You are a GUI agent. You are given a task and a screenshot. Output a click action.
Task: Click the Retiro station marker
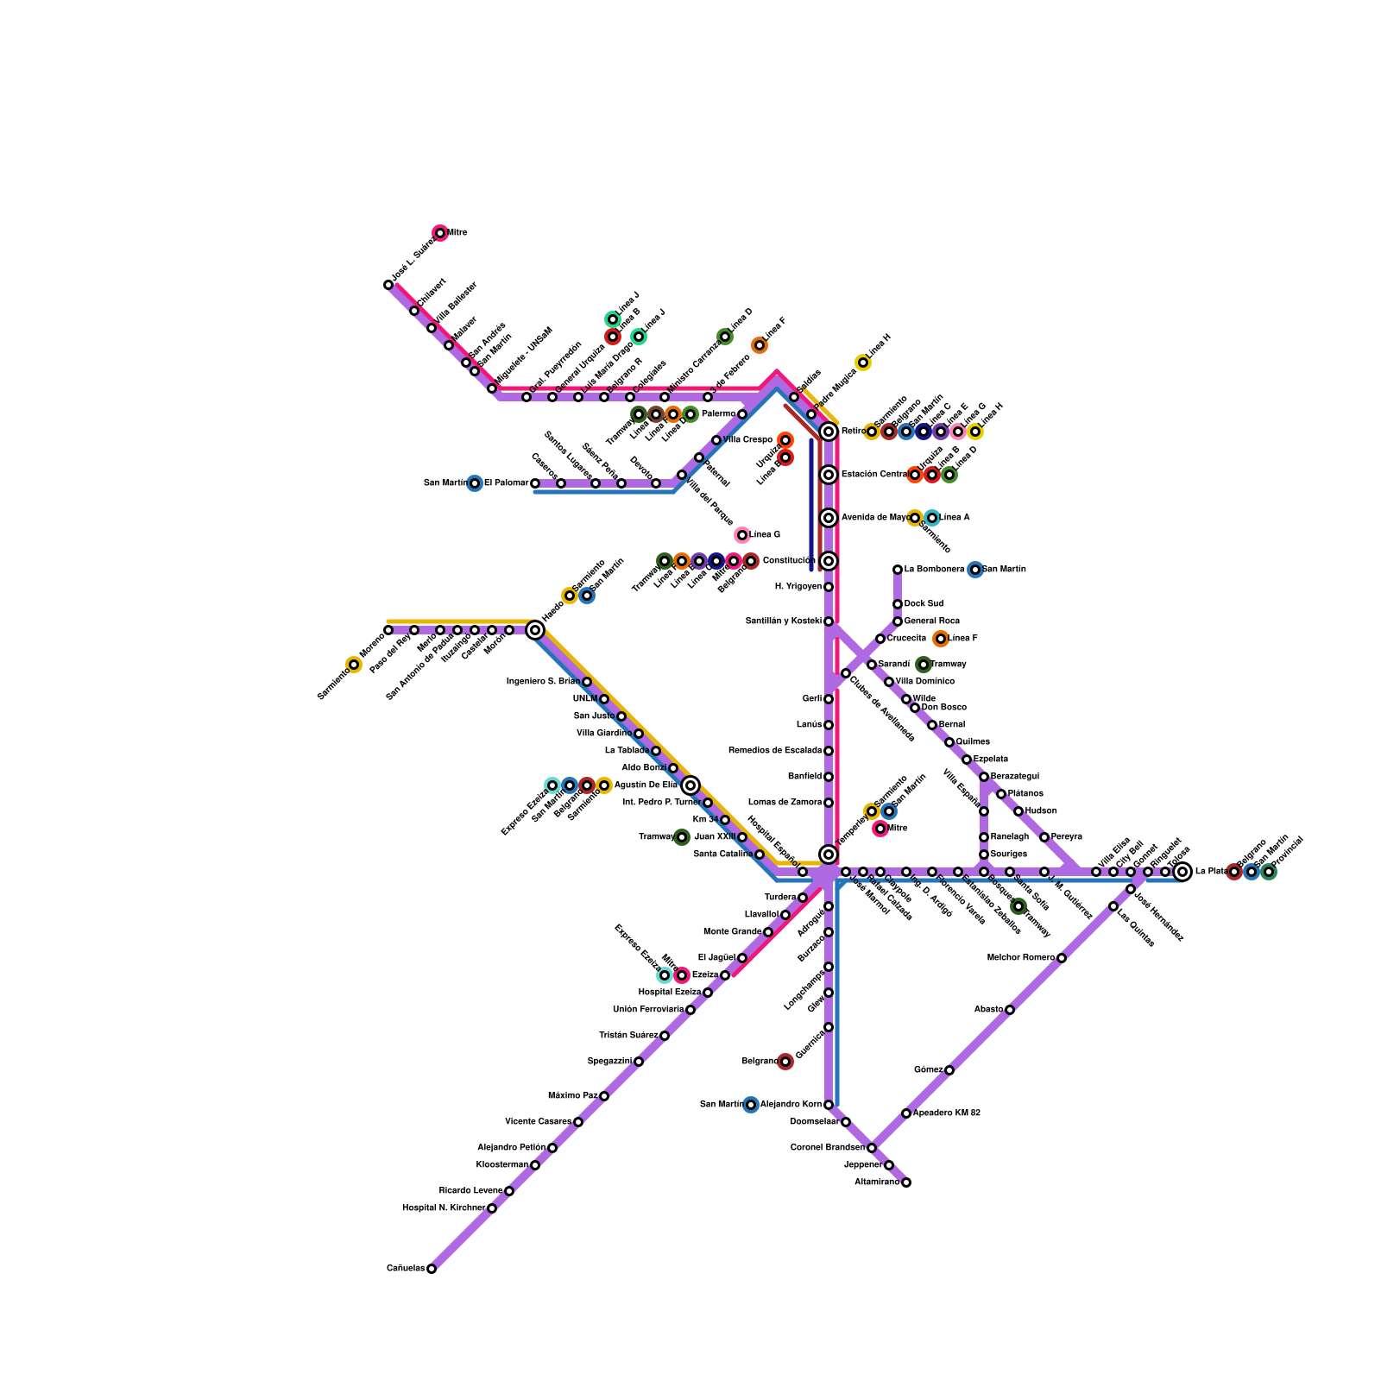pos(829,432)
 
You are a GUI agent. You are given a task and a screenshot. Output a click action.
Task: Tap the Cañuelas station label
pos(406,1269)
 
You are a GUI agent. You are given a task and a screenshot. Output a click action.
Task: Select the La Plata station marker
pos(1182,872)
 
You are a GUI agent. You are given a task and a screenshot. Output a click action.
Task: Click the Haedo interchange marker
pos(535,630)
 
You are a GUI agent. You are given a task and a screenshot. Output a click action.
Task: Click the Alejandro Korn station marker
pos(829,1105)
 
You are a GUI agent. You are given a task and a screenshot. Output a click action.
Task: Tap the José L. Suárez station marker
pos(388,285)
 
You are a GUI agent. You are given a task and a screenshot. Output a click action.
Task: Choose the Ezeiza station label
pos(705,975)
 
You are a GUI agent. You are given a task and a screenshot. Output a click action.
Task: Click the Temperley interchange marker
pos(829,854)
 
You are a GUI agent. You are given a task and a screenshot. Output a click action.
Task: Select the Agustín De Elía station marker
pos(690,785)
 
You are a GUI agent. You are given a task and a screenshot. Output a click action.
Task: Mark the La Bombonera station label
pos(934,570)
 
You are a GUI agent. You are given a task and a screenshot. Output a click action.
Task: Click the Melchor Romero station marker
pos(1062,958)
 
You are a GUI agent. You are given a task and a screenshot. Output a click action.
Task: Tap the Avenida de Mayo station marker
pos(829,518)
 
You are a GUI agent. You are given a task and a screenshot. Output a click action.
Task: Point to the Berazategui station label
pos(1015,777)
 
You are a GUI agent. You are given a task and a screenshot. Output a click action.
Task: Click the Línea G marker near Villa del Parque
pos(742,535)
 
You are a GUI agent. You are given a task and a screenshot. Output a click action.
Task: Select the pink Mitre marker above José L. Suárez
pos(440,233)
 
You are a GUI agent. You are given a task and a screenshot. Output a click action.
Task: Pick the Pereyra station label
pos(1067,837)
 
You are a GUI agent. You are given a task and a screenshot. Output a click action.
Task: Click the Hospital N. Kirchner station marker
pos(492,1208)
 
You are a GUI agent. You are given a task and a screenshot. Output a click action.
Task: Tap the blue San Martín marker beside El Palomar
pos(475,483)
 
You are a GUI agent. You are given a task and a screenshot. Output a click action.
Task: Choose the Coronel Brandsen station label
pos(828,1148)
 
